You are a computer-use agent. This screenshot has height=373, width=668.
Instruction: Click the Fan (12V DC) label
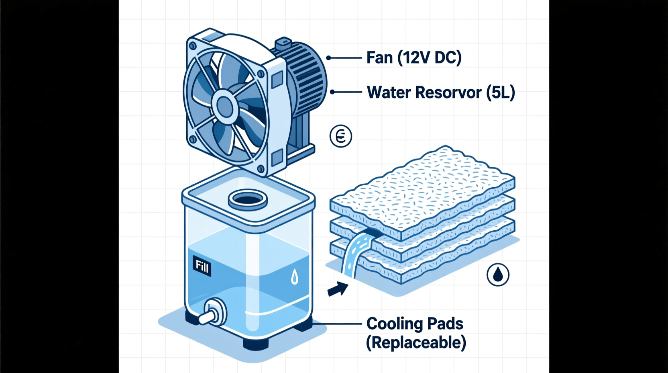(x=414, y=58)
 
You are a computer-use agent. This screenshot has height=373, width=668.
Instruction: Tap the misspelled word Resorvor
(x=448, y=92)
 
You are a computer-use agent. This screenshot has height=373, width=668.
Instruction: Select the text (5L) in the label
(x=500, y=92)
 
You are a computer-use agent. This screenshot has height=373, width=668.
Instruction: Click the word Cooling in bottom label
(x=392, y=324)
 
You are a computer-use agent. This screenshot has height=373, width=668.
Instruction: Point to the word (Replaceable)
(x=416, y=343)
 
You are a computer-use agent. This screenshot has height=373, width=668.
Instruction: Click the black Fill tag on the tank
(x=202, y=266)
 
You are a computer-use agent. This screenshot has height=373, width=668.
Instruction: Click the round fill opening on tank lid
(x=248, y=199)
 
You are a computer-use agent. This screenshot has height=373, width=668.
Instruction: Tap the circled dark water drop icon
(x=498, y=275)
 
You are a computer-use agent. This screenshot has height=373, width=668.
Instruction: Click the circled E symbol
(x=341, y=136)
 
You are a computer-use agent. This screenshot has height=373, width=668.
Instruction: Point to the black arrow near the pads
(x=338, y=289)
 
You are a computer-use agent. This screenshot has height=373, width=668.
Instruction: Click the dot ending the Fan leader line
(x=328, y=58)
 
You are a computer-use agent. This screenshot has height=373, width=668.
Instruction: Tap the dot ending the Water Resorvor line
(x=332, y=92)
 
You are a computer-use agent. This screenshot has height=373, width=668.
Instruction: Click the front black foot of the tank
(x=256, y=344)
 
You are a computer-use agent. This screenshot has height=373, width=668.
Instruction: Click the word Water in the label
(x=389, y=92)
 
